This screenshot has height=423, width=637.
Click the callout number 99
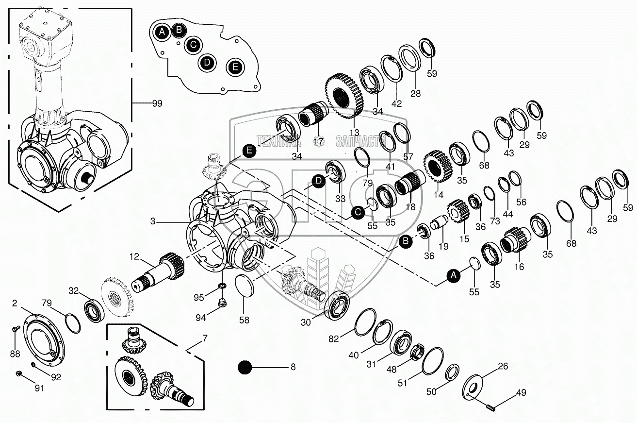coord(157,103)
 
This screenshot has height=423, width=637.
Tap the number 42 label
coord(396,103)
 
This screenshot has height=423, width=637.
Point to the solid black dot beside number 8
coord(245,367)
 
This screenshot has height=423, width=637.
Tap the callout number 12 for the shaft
coord(134,256)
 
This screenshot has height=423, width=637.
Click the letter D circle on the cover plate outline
coord(207,62)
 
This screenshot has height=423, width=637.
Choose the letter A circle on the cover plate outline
coord(162,32)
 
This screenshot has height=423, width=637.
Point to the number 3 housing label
coord(153,221)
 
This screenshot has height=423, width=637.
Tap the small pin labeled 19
coord(439,222)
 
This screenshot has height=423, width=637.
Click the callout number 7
coord(205,338)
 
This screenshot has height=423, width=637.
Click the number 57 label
coord(408,156)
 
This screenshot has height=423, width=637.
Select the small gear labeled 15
coord(458,211)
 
